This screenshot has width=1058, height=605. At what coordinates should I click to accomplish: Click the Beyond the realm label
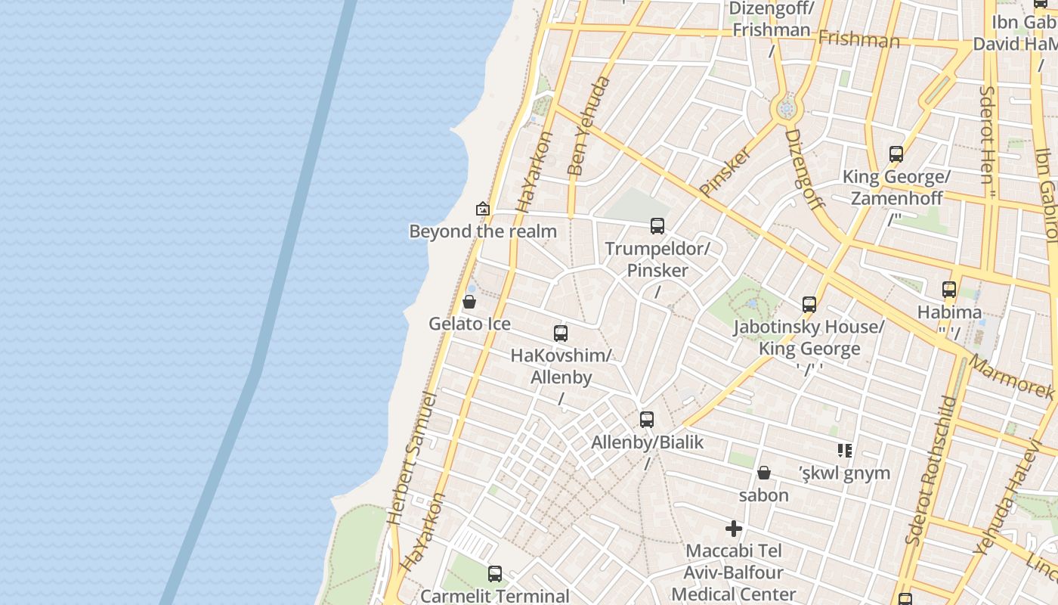point(483,231)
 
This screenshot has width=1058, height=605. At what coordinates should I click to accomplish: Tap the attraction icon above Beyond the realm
point(483,209)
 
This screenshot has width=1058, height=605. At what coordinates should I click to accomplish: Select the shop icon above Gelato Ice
point(469,302)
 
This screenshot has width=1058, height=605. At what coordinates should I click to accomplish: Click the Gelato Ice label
point(469,324)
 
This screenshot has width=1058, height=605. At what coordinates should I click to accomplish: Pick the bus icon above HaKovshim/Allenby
point(561,334)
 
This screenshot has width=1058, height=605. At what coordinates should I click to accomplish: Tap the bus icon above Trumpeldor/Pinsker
point(657,226)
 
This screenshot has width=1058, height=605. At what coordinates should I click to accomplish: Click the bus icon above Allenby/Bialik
point(647,420)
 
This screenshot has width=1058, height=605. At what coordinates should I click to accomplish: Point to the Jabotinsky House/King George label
point(809,338)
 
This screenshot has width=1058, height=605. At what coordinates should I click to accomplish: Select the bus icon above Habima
point(949,290)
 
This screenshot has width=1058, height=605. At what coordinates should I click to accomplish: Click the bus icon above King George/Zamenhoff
point(896,154)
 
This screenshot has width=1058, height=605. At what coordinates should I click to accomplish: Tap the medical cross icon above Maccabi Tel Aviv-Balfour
point(734,529)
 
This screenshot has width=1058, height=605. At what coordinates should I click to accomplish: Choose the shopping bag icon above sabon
point(764,473)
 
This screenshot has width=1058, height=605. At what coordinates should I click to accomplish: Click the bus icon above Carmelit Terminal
point(495,574)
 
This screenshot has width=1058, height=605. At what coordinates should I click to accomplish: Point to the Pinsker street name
point(725,172)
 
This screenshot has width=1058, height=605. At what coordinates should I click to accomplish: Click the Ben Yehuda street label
point(588,126)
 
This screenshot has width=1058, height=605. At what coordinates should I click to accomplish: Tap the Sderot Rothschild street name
point(931,470)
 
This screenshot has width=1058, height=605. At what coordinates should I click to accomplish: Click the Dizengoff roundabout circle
point(787,110)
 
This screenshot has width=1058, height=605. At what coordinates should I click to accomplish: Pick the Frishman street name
point(859,38)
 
